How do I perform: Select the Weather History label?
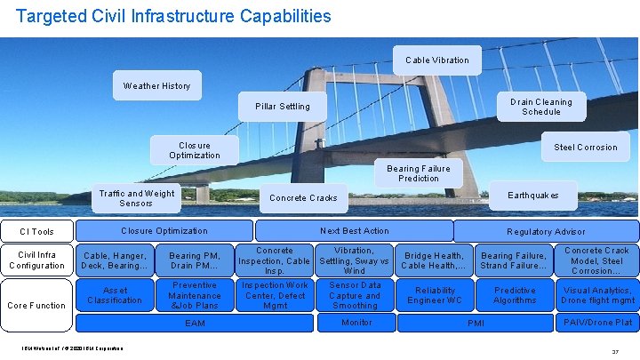pyautogui.click(x=156, y=86)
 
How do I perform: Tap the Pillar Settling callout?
pyautogui.click(x=283, y=107)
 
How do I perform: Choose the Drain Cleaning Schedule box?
pyautogui.click(x=540, y=107)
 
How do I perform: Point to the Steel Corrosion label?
pyautogui.click(x=585, y=148)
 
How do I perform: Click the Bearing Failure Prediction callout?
pyautogui.click(x=418, y=173)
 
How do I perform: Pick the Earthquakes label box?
pyautogui.click(x=533, y=196)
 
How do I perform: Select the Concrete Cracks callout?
pyautogui.click(x=303, y=198)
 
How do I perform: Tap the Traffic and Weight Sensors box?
pyautogui.click(x=137, y=198)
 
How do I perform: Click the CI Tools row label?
pyautogui.click(x=36, y=232)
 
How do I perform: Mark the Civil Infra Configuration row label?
pyautogui.click(x=36, y=260)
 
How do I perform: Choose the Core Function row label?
pyautogui.click(x=36, y=305)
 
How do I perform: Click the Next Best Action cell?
pyautogui.click(x=354, y=231)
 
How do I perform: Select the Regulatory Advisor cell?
pyautogui.click(x=546, y=231)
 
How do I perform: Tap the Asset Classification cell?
pyautogui.click(x=115, y=295)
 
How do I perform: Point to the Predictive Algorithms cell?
pyautogui.click(x=515, y=295)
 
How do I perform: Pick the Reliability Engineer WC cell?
pyautogui.click(x=436, y=295)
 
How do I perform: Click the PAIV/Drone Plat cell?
pyautogui.click(x=597, y=322)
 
